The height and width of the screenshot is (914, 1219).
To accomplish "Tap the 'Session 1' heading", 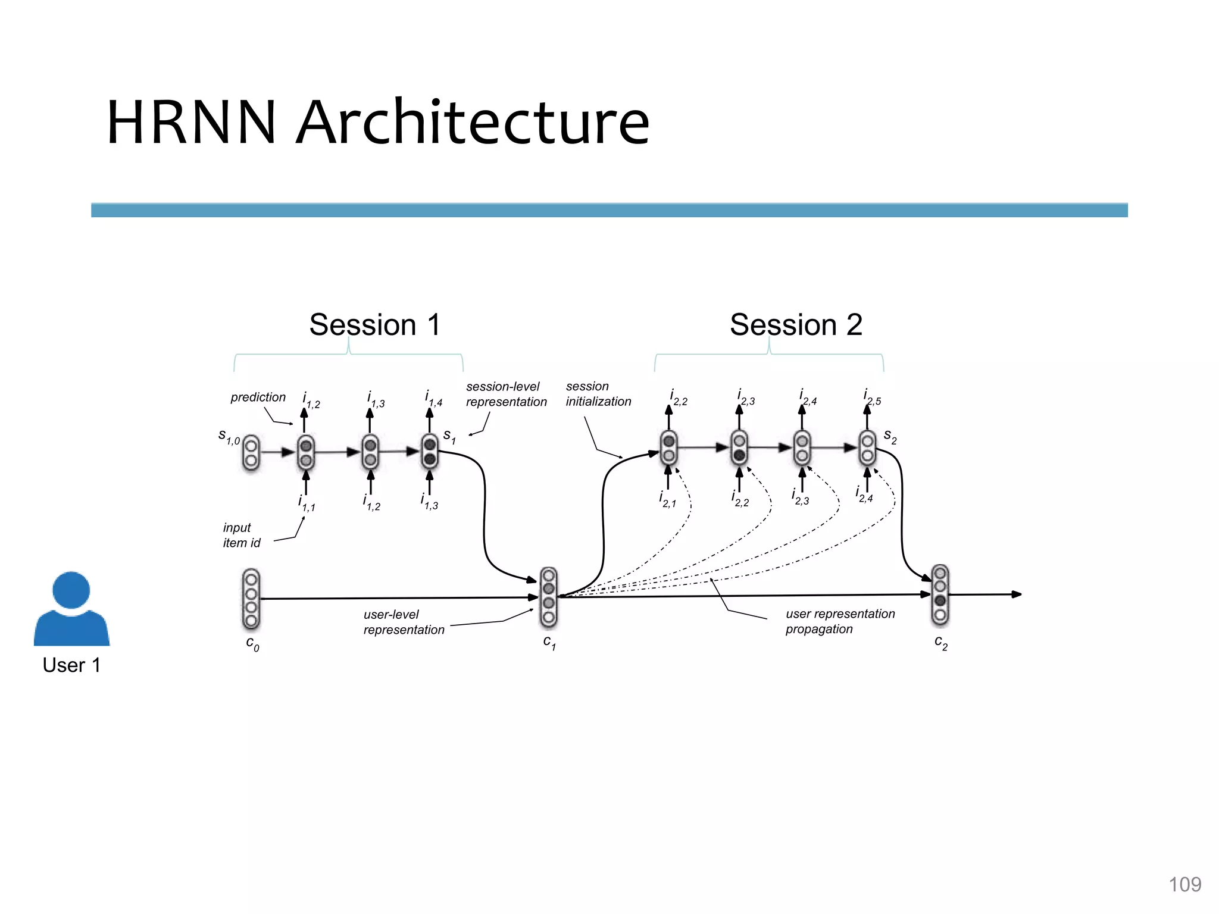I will (x=375, y=325).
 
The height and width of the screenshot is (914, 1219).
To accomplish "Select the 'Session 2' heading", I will (x=796, y=325).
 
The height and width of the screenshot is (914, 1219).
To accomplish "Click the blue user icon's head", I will (x=71, y=590).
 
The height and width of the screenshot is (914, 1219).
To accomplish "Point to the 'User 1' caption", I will (x=71, y=665).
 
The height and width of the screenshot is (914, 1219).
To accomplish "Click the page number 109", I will (x=1184, y=884).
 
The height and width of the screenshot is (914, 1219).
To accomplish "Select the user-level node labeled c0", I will (x=251, y=599).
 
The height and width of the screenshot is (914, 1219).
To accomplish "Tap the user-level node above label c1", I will (x=549, y=597).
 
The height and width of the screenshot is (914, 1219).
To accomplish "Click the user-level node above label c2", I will (x=940, y=594).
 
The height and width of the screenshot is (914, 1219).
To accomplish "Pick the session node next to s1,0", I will (x=251, y=453).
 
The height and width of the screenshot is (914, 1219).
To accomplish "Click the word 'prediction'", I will (x=258, y=397).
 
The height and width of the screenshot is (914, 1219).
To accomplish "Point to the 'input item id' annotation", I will (x=241, y=535).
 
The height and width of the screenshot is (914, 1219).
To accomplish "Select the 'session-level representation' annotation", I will (x=505, y=394).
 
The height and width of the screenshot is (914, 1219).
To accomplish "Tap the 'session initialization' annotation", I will (x=598, y=394).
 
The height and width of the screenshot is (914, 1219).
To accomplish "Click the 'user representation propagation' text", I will (x=839, y=621).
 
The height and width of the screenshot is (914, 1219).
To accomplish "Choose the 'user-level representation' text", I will (x=403, y=622).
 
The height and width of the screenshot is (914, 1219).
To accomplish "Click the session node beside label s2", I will (x=867, y=448).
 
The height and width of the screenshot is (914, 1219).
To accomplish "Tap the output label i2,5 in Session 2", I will (x=871, y=397).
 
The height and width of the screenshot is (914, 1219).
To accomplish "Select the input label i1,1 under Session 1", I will (x=307, y=503).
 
